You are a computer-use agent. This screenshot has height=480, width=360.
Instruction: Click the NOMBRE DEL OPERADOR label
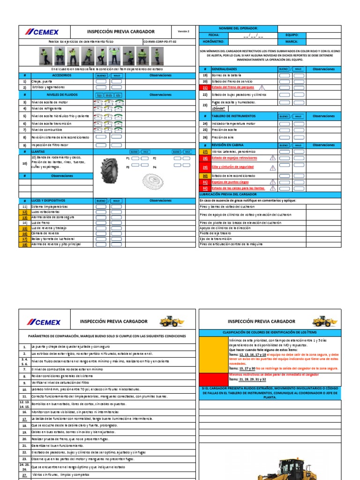[238, 29]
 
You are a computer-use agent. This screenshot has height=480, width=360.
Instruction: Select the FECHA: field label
[214, 35]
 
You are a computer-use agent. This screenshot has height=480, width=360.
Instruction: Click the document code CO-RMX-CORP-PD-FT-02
[161, 42]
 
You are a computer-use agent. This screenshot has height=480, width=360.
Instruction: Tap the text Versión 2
[183, 31]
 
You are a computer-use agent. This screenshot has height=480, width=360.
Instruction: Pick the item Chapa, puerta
[42, 81]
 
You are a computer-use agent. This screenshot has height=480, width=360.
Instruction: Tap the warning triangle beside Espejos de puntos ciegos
[272, 181]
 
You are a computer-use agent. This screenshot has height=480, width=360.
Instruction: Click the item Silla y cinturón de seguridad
[233, 167]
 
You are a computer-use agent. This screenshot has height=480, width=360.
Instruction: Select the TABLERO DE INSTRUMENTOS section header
[233, 116]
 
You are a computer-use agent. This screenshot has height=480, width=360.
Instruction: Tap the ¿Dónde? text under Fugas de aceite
[218, 107]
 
